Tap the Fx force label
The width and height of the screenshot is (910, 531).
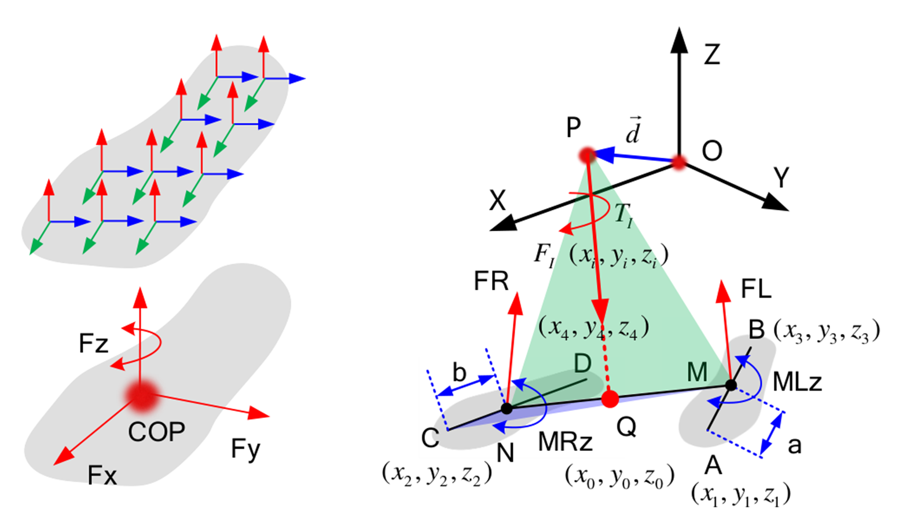pos(102,475)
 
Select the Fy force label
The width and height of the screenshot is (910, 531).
pos(245,449)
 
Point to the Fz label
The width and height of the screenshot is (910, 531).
pos(94,344)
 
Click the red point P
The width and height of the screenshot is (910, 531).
pos(588,155)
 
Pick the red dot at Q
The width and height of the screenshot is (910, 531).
pos(610,399)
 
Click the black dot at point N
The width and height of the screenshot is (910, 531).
pos(507,409)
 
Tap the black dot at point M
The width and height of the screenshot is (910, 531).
pos(731,384)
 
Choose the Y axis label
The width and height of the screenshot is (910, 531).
pos(781,178)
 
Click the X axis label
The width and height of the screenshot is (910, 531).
pos(497,201)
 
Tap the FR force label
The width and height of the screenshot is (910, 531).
pos(491,282)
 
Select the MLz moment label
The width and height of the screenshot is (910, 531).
pos(797,382)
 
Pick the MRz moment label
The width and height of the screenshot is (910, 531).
pos(565,442)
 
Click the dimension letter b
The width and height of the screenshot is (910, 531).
pos(459,373)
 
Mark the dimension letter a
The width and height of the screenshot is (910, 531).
pos(795,445)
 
